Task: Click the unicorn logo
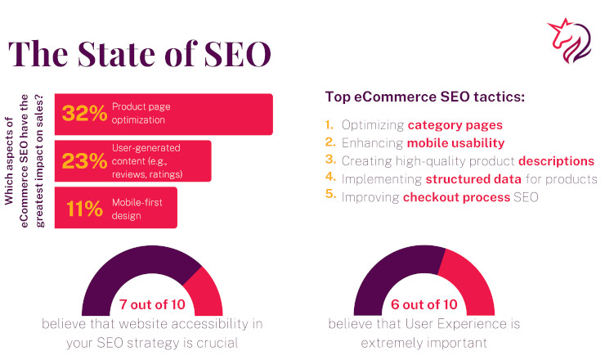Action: (570, 41)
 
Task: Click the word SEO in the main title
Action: (237, 54)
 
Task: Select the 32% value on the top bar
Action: (84, 113)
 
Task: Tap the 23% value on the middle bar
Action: (84, 160)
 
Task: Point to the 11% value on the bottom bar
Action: (84, 209)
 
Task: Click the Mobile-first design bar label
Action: (137, 209)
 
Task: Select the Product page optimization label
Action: (141, 113)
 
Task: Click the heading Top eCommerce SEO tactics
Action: (425, 97)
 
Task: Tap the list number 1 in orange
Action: (329, 124)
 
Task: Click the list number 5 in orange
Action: (330, 193)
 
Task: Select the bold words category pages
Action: (455, 125)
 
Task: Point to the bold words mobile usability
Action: (455, 143)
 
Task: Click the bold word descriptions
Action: (556, 161)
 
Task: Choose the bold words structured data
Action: (473, 179)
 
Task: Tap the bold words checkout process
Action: (456, 197)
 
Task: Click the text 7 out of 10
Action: (152, 304)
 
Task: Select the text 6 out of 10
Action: (424, 304)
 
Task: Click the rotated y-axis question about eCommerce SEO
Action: (24, 161)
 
